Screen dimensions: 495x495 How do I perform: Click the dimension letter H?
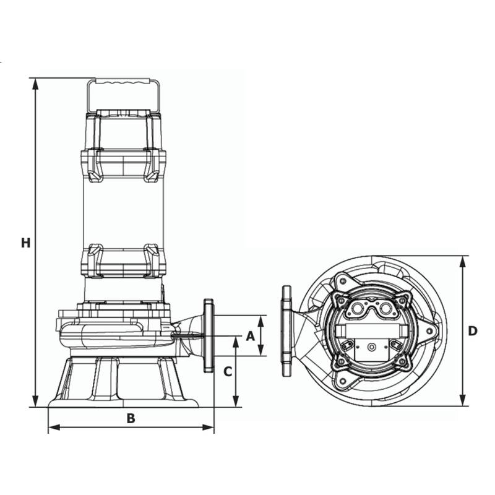(25, 243)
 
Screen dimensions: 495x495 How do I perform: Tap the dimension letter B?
(131, 418)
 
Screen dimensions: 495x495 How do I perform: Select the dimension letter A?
(250, 336)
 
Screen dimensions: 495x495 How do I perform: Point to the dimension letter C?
(228, 371)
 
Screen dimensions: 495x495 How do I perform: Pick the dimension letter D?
(472, 331)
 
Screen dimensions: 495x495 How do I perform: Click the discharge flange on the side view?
(209, 336)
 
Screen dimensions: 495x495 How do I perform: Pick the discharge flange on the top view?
(286, 331)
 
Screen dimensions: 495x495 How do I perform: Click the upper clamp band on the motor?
(123, 162)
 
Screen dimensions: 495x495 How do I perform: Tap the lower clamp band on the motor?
(123, 261)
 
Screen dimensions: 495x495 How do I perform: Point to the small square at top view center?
(371, 347)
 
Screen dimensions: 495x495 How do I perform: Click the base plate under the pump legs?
(123, 403)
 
